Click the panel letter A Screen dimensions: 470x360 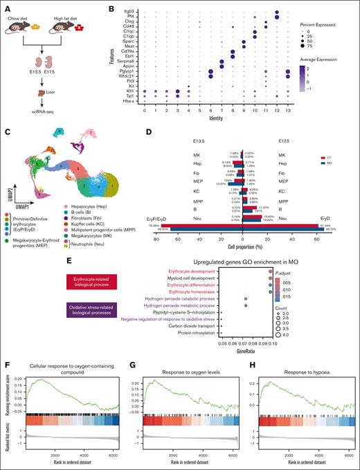(5, 6)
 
